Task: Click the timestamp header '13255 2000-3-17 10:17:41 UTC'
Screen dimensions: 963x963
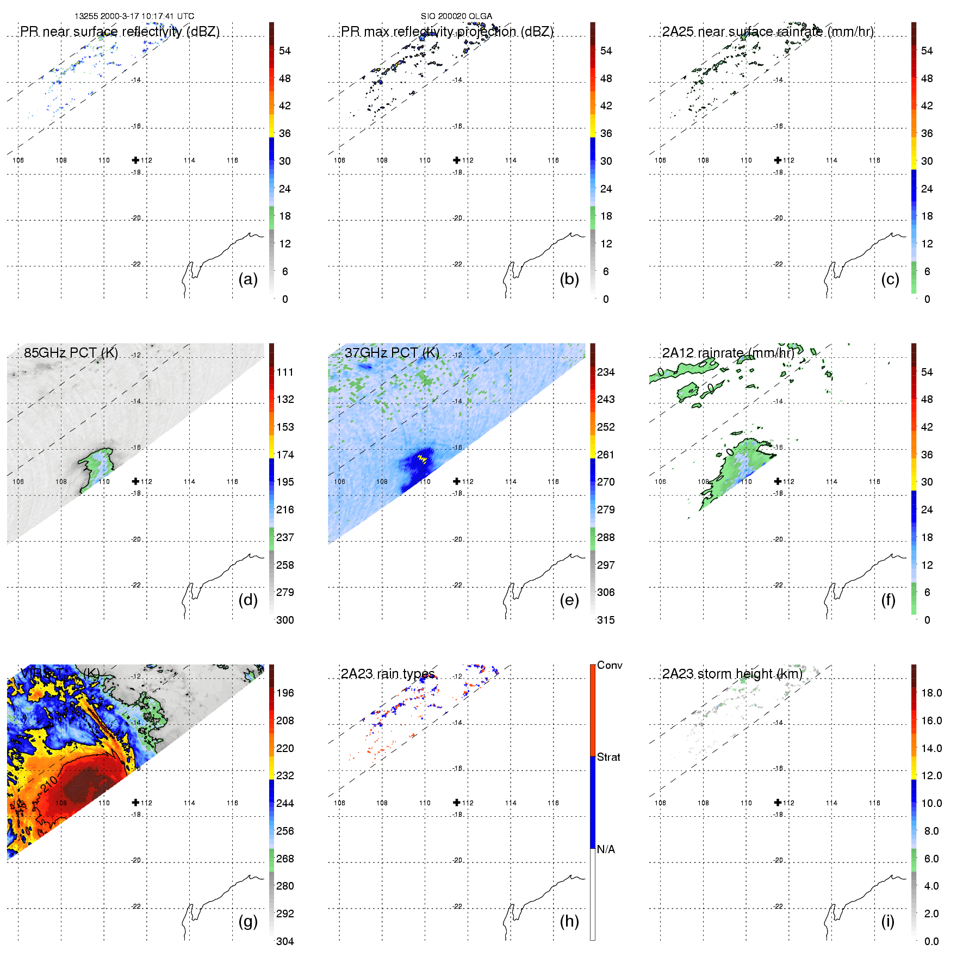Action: click(x=134, y=16)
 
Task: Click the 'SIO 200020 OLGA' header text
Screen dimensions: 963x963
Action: click(x=456, y=16)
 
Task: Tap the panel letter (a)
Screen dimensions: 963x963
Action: click(x=248, y=279)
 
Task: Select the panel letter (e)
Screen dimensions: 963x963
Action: click(x=569, y=600)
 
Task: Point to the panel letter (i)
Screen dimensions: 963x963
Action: click(x=887, y=921)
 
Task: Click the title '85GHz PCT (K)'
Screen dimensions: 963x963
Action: click(x=71, y=352)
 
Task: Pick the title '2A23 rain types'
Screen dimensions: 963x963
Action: click(x=388, y=674)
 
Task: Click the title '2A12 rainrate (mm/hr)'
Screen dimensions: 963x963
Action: click(x=728, y=353)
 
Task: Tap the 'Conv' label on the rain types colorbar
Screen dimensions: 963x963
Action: click(x=610, y=665)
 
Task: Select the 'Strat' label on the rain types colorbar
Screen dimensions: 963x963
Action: click(x=608, y=757)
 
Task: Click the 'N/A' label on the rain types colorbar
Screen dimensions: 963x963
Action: click(x=606, y=849)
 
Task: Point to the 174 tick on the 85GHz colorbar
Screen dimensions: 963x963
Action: click(x=285, y=455)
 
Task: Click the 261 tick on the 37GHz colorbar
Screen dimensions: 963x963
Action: click(x=606, y=455)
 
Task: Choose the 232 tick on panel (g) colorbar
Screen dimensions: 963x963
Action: click(x=285, y=775)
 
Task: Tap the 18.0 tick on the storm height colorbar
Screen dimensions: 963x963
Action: click(x=931, y=693)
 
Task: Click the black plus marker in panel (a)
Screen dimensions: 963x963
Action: click(x=135, y=160)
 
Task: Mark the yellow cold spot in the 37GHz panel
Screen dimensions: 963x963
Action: click(x=422, y=459)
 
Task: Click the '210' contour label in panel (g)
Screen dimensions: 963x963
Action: click(x=49, y=785)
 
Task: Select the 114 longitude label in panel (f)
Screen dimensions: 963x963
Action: click(x=831, y=481)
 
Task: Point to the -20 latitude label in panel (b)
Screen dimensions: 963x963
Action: click(x=458, y=218)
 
